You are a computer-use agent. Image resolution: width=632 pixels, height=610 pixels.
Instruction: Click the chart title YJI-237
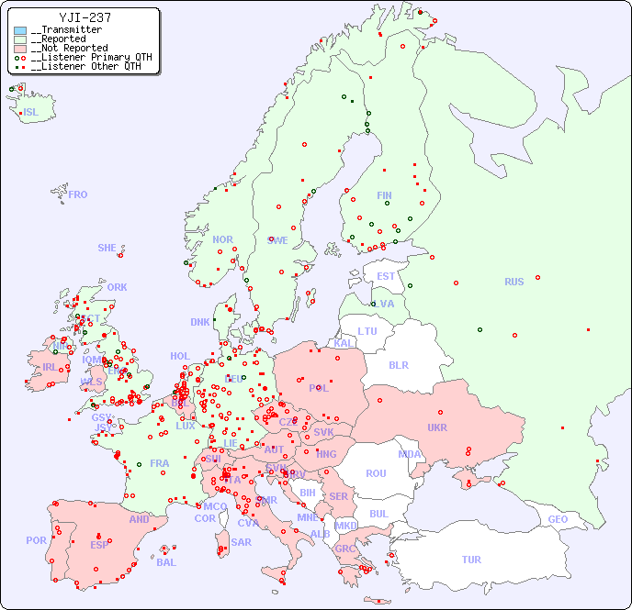coord(85,17)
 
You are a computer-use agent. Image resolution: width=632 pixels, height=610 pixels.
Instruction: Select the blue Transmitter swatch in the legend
coord(20,30)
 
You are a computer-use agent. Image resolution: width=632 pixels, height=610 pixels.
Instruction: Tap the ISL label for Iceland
coord(31,113)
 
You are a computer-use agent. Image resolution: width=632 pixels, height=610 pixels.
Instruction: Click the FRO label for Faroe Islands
coord(78,194)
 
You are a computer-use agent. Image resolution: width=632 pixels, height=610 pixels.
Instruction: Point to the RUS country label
coord(513,282)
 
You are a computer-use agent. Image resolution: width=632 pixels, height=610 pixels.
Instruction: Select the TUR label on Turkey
coord(471,560)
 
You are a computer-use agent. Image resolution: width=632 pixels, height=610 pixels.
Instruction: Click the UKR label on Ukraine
coord(437,427)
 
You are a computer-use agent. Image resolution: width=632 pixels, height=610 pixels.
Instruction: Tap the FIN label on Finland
coord(384,195)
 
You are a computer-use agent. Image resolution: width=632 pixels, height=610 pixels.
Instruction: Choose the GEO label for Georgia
coord(558,519)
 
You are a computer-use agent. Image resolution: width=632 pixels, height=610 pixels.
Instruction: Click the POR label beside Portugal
coord(36,540)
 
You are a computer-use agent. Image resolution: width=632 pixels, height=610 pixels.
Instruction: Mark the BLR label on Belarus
coord(398,364)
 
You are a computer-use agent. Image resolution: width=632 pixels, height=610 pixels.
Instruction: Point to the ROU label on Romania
coord(376,473)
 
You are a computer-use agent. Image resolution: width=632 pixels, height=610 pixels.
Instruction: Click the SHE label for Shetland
coord(107,248)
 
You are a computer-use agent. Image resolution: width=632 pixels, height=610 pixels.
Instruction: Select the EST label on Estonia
coord(386,276)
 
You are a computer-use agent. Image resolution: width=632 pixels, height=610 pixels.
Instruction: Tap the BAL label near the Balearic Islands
coord(166,562)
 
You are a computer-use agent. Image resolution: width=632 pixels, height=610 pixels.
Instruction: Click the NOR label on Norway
coord(222,239)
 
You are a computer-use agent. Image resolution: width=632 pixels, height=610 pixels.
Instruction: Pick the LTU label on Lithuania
coord(367,331)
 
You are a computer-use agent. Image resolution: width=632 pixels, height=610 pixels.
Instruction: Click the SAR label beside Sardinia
coord(242,542)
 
